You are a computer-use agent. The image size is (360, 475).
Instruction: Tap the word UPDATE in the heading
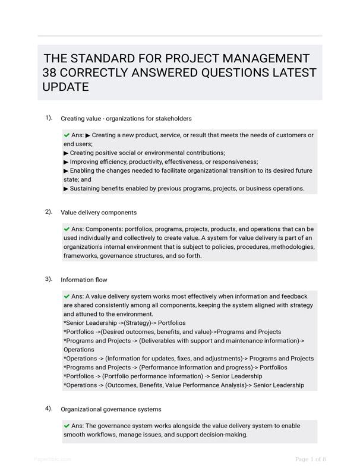(x=65, y=87)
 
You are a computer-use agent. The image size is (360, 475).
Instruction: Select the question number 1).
(x=49, y=118)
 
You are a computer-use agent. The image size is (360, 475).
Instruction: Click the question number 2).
(x=49, y=211)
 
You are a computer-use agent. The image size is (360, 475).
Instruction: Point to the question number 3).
(x=49, y=278)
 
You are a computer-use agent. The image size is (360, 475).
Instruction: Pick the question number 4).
(x=49, y=408)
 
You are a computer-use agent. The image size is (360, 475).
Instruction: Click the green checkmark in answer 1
(x=67, y=135)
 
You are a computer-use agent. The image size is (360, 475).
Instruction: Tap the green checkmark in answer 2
(x=67, y=229)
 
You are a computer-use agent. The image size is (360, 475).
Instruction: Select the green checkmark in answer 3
(x=67, y=296)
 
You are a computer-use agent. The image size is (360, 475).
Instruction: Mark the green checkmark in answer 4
(x=67, y=426)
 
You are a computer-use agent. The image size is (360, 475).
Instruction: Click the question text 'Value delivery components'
(x=99, y=213)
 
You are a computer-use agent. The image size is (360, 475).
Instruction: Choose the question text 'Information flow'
(x=84, y=280)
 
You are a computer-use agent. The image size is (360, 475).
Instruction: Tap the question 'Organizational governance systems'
(x=111, y=409)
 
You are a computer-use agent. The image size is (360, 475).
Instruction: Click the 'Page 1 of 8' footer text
(x=311, y=459)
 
